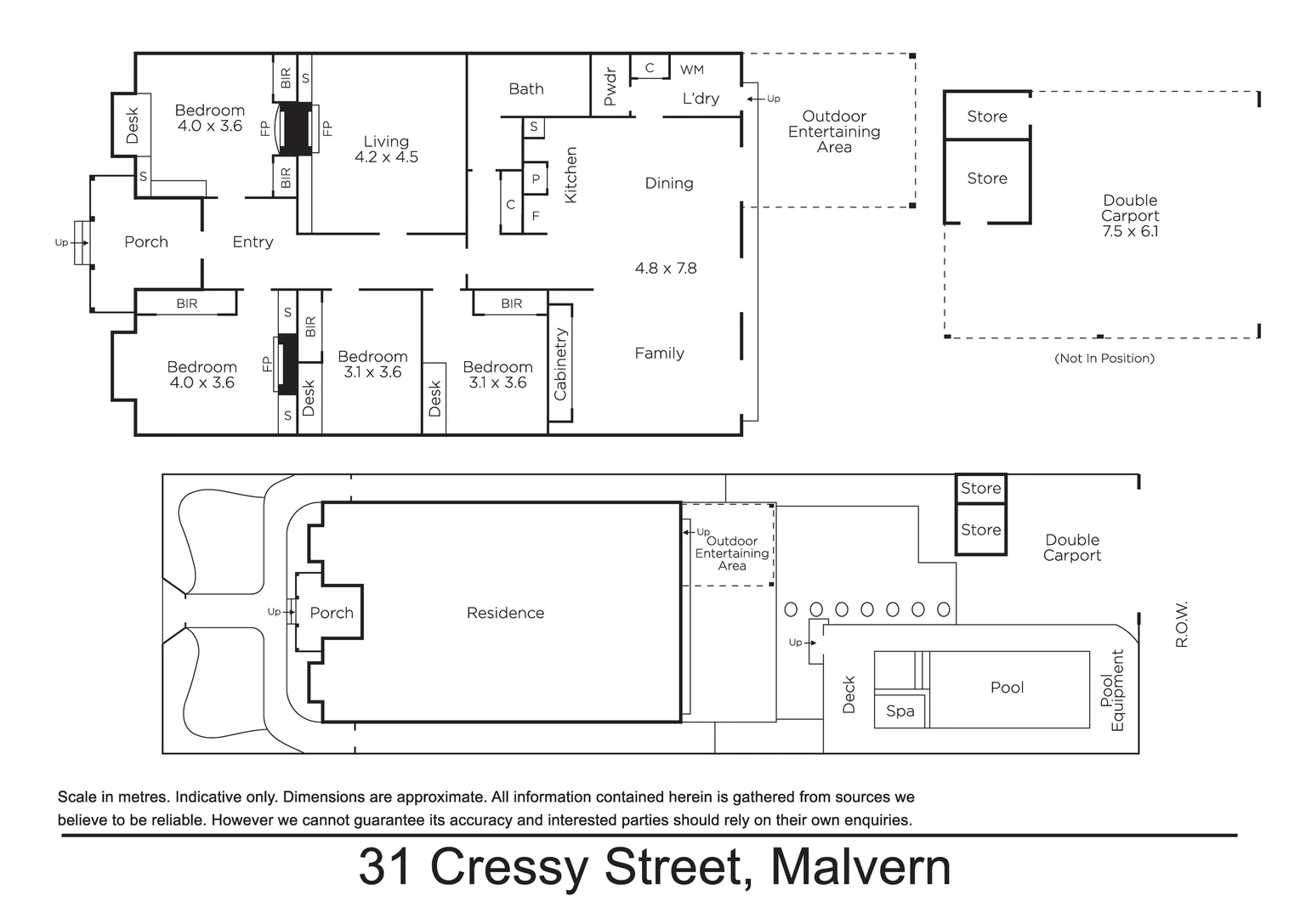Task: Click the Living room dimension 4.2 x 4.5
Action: coord(386,157)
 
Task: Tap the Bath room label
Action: coord(525,89)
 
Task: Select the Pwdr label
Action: coord(610,87)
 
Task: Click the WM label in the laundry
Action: coord(691,70)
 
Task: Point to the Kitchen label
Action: coord(571,175)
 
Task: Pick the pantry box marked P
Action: coord(536,179)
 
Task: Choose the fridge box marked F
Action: coord(536,216)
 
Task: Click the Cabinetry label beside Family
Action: coord(560,364)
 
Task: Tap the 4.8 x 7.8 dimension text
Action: coord(665,269)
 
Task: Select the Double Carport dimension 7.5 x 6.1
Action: coord(1130,231)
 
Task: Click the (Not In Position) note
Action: coord(1104,359)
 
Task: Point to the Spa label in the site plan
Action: coord(900,711)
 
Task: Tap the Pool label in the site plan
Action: coord(1007,688)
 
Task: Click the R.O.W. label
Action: coord(1181,624)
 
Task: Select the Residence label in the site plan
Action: coord(505,613)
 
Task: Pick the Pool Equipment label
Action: coord(1111,690)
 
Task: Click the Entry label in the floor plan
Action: coord(253,242)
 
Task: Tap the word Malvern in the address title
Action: coord(860,866)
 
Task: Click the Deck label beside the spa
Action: coord(849,694)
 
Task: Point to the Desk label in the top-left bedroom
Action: coord(132,125)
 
